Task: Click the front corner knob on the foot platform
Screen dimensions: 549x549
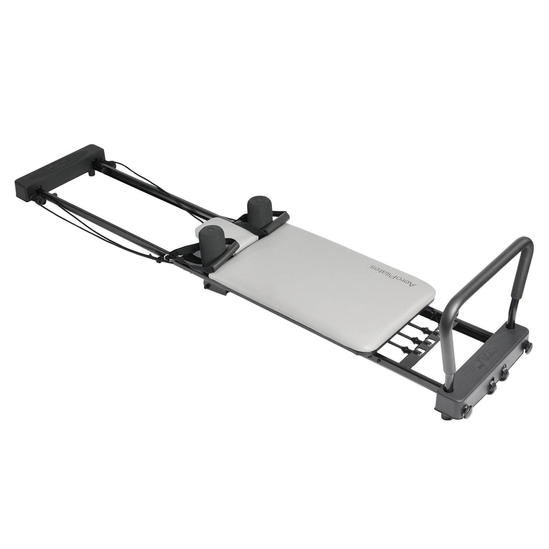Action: [x=467, y=411]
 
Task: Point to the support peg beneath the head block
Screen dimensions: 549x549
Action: [x=91, y=173]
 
